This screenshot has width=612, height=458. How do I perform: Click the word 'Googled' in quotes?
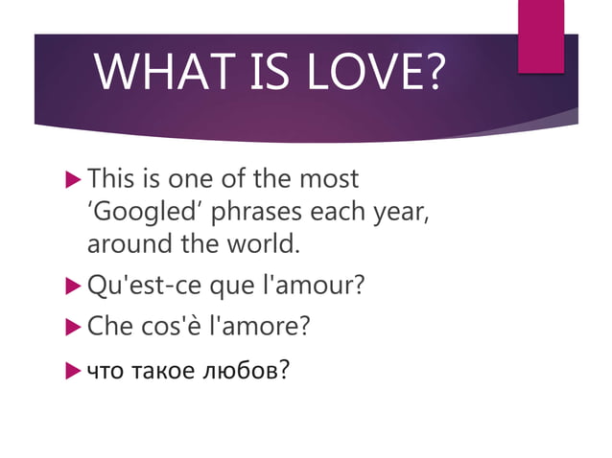pos(139,212)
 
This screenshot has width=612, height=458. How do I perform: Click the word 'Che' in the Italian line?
pos(106,326)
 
